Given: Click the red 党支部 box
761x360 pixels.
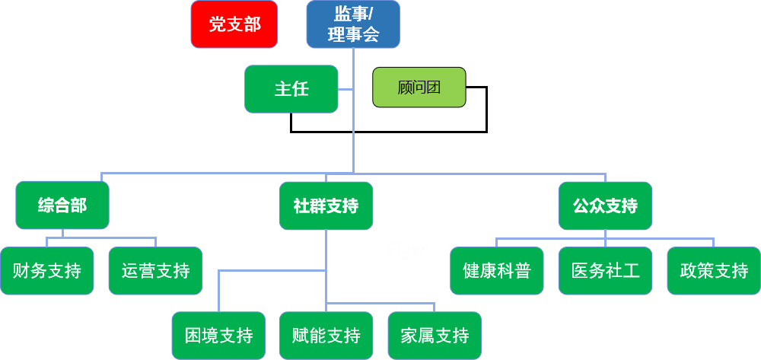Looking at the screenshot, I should point(234,24).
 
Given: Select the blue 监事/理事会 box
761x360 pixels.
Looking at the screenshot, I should point(353,24).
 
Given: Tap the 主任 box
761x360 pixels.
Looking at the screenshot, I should point(291,89).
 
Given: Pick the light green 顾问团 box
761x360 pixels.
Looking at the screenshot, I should point(419,88).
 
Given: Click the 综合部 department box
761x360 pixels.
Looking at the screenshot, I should point(62,205).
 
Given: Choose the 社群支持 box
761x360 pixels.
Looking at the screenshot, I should point(326,205).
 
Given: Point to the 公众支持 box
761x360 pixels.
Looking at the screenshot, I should point(605,205).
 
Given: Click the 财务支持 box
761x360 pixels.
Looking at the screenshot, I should point(47,270).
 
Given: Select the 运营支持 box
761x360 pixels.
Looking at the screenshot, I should point(155,270).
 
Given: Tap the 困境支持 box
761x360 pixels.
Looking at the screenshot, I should point(218,336).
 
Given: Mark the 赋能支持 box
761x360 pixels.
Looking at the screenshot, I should point(326,336).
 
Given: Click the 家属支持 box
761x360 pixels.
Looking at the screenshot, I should point(435,336).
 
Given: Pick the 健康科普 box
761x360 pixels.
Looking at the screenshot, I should point(497,270).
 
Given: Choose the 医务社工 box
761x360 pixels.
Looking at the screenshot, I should point(605,270).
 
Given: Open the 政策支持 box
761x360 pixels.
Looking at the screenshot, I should point(714,270).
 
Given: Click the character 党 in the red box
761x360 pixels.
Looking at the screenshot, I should point(217,25).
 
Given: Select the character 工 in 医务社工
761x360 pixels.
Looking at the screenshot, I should point(631,270).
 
